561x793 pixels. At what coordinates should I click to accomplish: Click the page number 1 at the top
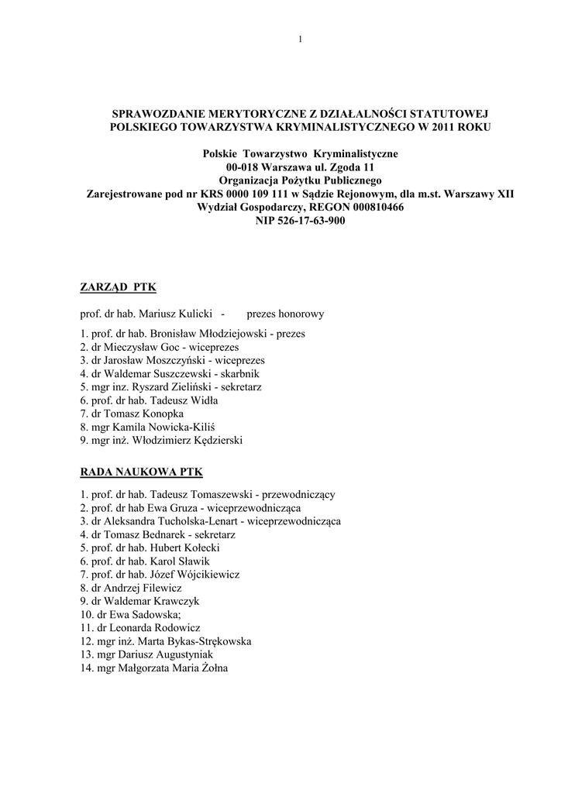[x=299, y=40]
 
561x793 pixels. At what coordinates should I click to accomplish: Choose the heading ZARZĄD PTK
[x=118, y=287]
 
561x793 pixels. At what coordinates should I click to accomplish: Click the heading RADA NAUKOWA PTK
[x=141, y=471]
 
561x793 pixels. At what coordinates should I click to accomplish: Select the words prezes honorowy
[x=285, y=314]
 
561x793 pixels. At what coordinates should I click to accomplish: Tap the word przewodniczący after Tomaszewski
[x=299, y=494]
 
